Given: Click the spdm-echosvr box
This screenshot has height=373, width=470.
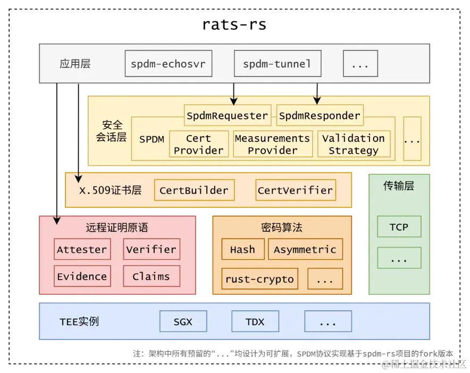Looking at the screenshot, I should [168, 64].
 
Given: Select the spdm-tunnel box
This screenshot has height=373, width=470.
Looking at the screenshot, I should [277, 64].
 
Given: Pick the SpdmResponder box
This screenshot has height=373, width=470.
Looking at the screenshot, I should [320, 115].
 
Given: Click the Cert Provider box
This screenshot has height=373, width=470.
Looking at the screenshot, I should [198, 144].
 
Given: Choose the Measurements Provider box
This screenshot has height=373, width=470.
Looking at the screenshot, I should [272, 144].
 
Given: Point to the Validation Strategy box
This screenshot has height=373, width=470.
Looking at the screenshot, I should [354, 144].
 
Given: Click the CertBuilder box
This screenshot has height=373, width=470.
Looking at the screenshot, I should [194, 190].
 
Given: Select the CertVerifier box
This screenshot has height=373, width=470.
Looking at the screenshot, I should [295, 190].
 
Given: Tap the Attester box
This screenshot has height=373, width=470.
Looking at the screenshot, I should [82, 249].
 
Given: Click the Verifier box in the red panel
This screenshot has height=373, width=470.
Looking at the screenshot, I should [151, 249].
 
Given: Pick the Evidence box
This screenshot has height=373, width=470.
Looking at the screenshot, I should [82, 276].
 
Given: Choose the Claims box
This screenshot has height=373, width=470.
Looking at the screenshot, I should [151, 276].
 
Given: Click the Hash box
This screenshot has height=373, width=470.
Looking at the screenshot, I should [242, 249].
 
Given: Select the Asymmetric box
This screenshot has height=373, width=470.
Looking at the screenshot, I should [305, 249].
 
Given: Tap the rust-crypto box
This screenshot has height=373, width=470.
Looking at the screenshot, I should [259, 279].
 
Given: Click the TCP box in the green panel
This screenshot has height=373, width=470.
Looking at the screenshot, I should [399, 227].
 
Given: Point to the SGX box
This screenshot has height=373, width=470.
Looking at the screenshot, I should [183, 321].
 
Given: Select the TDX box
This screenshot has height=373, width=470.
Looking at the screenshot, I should [255, 321].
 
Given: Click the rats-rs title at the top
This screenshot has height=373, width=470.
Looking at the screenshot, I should [234, 24].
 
